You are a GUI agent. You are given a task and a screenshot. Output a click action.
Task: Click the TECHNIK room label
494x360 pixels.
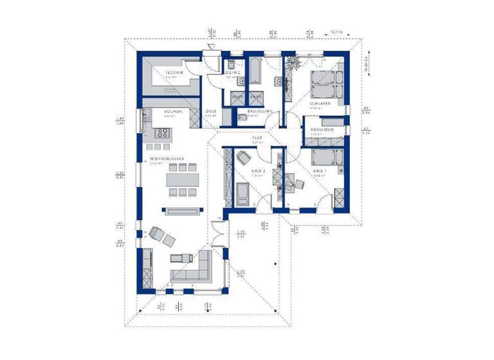[x=174, y=73]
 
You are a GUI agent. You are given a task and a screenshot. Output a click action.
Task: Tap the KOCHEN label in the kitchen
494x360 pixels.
[x=172, y=112]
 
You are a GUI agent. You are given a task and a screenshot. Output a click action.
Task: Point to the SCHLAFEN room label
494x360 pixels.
[x=320, y=103]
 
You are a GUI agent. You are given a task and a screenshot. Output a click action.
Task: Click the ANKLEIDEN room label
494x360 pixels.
[x=322, y=131]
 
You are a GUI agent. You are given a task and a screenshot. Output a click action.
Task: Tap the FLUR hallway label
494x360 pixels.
[x=255, y=138]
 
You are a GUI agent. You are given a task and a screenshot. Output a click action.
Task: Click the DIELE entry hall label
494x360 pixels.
[x=211, y=112]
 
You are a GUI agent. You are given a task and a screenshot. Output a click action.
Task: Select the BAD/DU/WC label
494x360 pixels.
[x=261, y=112]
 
